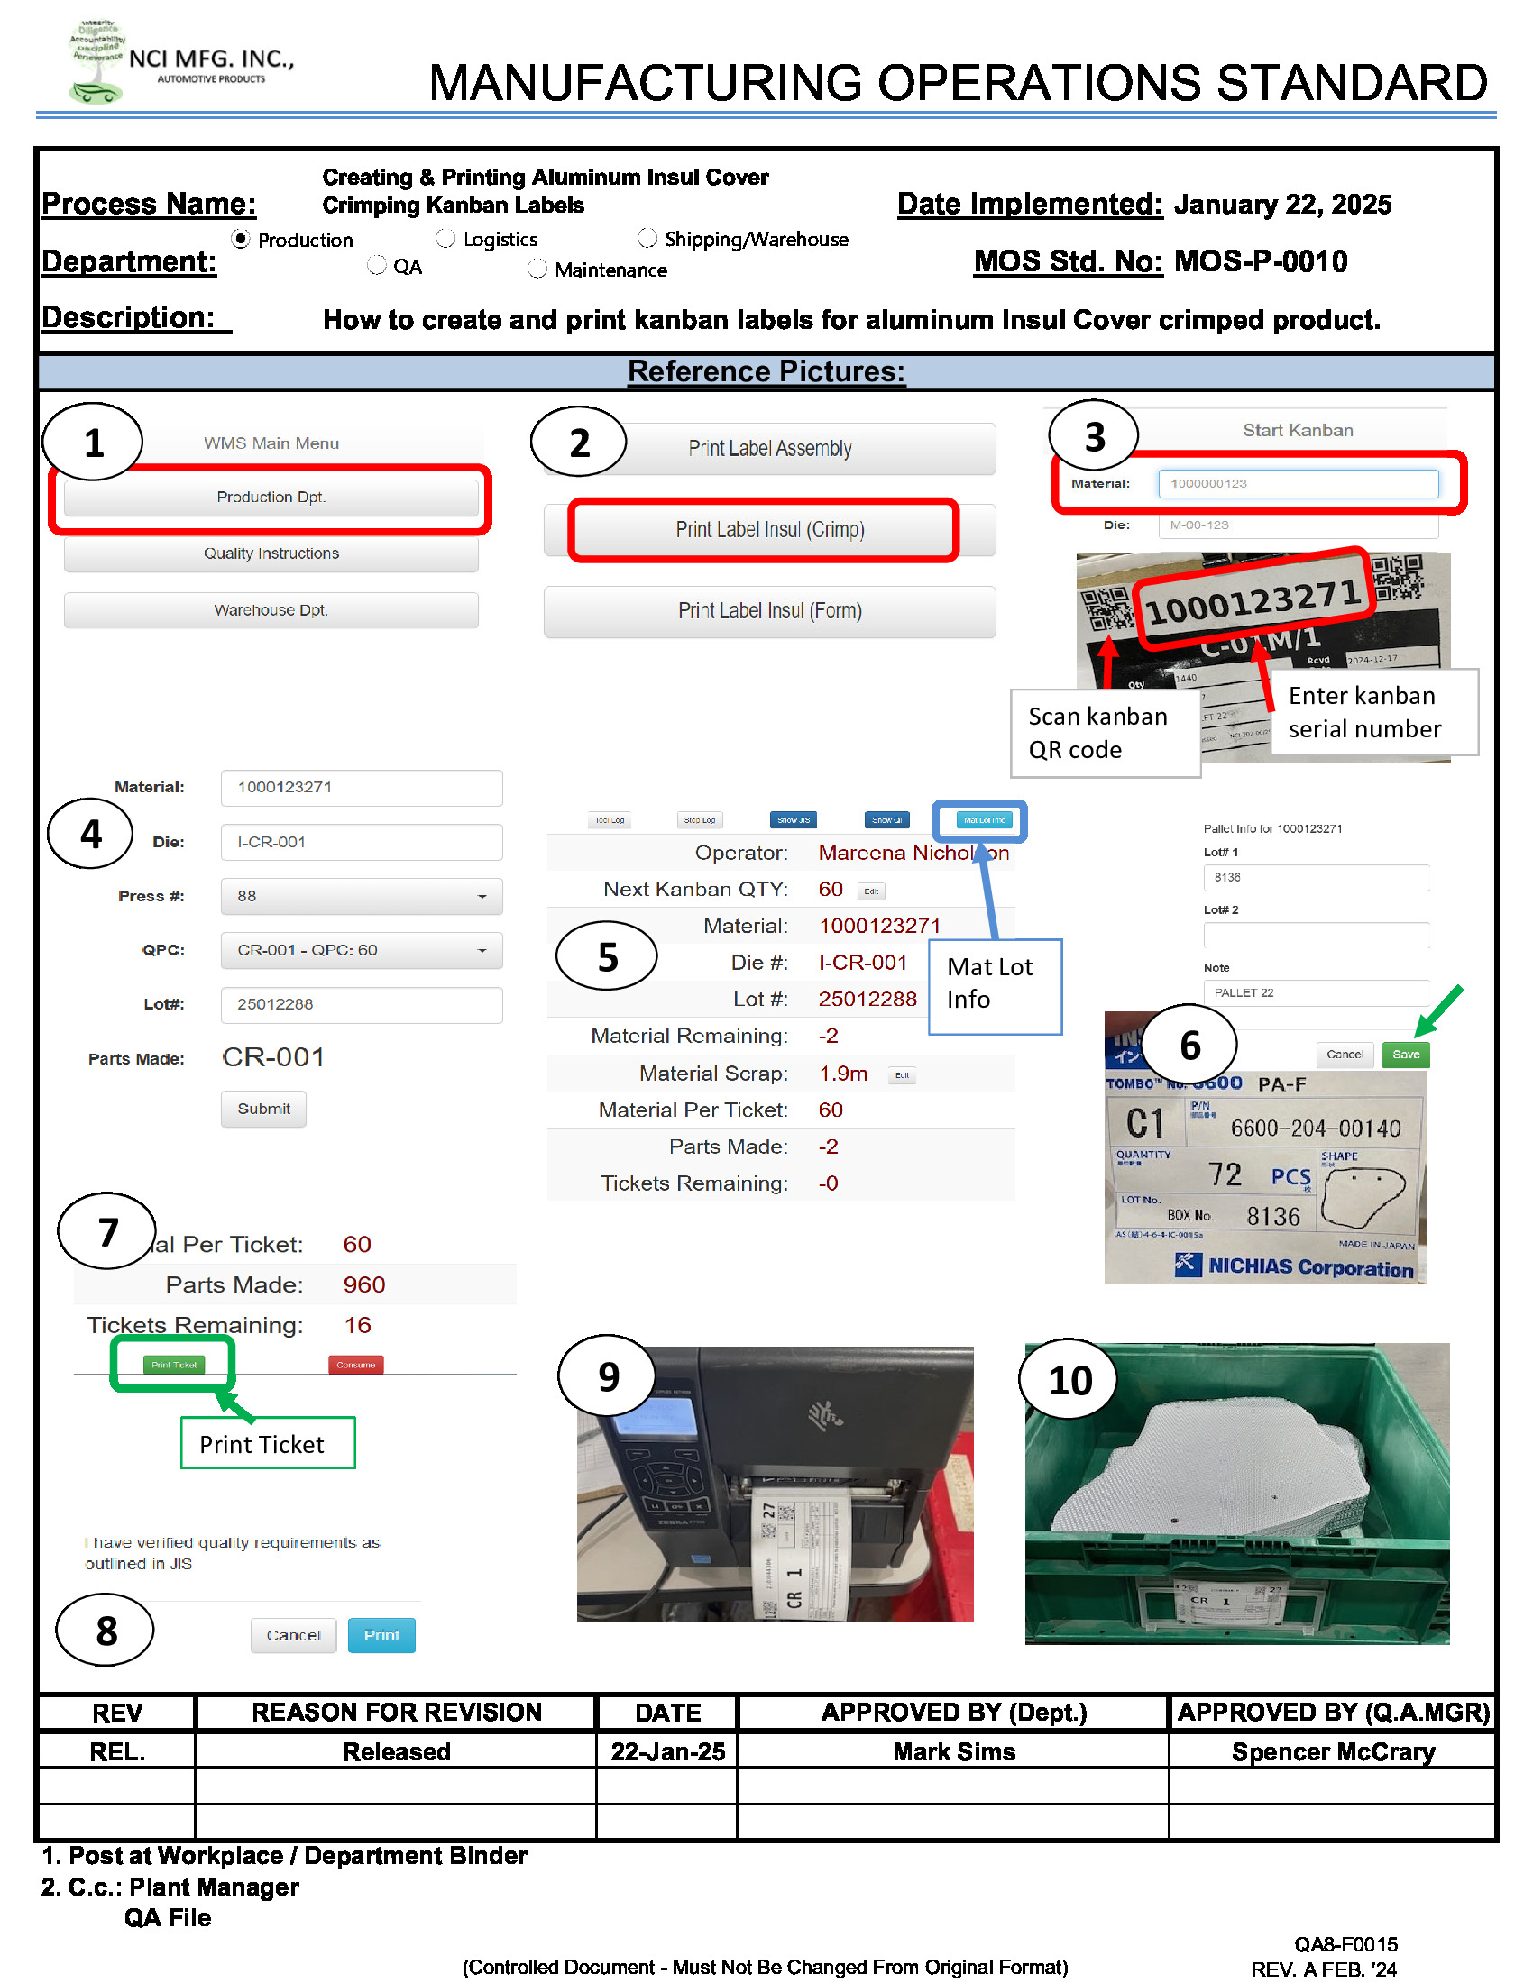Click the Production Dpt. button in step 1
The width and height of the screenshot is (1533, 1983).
point(271,497)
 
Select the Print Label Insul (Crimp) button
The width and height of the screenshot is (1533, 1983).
point(768,529)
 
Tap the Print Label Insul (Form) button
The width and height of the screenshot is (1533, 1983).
point(768,611)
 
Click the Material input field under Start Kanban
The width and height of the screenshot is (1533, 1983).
point(1297,483)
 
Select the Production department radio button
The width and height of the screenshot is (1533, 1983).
point(241,239)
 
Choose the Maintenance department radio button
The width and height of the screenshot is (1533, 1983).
point(537,269)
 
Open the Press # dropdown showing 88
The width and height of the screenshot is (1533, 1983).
point(361,896)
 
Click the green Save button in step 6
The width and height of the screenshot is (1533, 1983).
point(1404,1055)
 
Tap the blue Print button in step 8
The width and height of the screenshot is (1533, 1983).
point(381,1635)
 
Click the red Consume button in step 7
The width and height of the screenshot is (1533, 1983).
point(355,1365)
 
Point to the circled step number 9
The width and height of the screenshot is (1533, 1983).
point(607,1377)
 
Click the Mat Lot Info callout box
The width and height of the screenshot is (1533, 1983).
point(994,985)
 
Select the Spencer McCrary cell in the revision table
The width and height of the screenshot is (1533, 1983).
point(1331,1751)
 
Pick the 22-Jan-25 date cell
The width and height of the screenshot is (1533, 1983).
point(667,1751)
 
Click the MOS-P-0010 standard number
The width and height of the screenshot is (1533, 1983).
point(1260,262)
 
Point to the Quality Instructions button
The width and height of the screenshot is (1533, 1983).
point(271,553)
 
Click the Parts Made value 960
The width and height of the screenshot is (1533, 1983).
point(363,1284)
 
